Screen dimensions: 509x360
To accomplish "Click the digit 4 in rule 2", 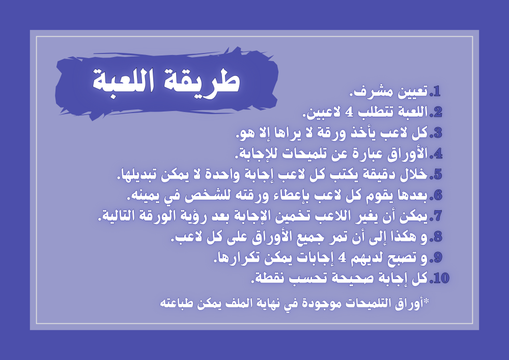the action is pos(349,113).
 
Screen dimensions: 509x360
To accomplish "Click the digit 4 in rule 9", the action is pos(341,258).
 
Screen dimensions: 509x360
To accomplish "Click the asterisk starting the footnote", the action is pos(426,301).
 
